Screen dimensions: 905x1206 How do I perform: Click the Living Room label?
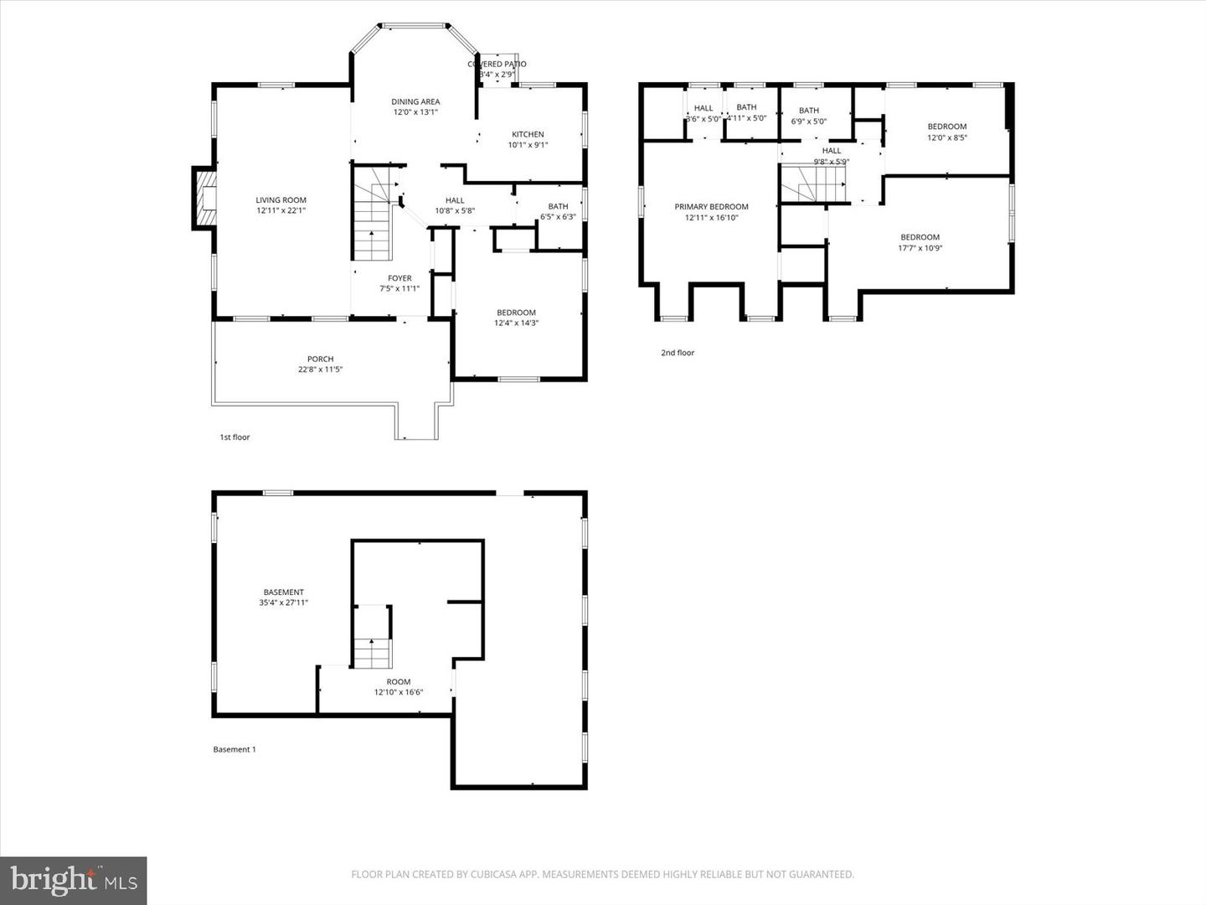pos(281,200)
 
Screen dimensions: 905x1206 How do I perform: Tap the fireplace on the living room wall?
pos(204,198)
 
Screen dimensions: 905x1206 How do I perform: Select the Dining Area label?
pos(415,102)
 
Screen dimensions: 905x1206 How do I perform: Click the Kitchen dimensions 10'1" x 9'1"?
pos(528,145)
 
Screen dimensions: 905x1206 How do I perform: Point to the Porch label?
pos(320,359)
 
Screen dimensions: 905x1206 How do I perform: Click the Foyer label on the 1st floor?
pos(399,278)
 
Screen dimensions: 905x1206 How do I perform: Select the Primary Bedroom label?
pos(711,207)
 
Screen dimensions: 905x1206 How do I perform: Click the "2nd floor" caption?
pos(678,353)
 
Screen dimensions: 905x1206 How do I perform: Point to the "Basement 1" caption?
pos(234,749)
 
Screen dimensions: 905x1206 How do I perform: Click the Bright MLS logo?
pos(74,880)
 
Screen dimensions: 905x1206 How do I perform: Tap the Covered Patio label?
pos(497,65)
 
